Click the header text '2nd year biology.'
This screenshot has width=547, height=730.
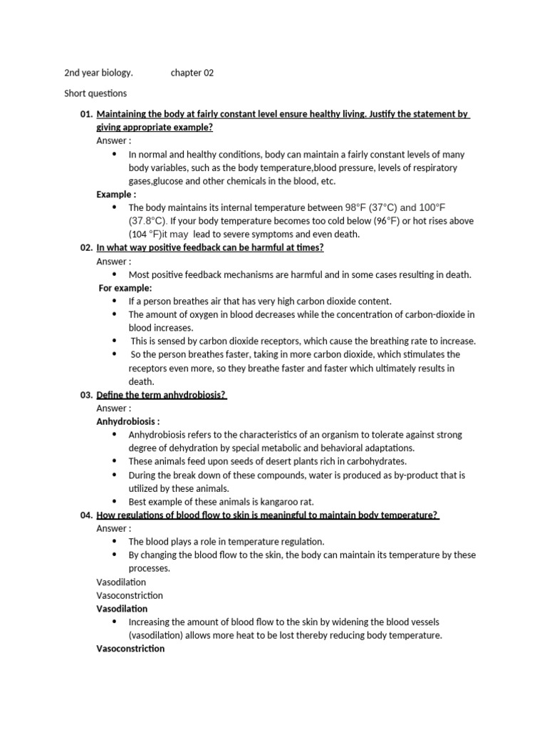(x=98, y=73)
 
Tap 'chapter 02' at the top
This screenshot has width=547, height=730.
(x=192, y=73)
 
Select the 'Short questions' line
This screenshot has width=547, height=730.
(x=95, y=93)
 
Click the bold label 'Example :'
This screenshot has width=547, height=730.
(x=116, y=194)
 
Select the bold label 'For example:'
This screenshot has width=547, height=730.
(x=125, y=288)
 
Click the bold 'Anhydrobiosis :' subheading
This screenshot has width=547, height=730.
(x=128, y=421)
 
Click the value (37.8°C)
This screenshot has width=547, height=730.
(x=151, y=221)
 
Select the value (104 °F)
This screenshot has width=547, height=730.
(x=145, y=234)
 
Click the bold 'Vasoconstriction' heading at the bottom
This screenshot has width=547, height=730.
(x=130, y=649)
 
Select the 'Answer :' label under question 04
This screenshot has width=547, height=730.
(x=114, y=528)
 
